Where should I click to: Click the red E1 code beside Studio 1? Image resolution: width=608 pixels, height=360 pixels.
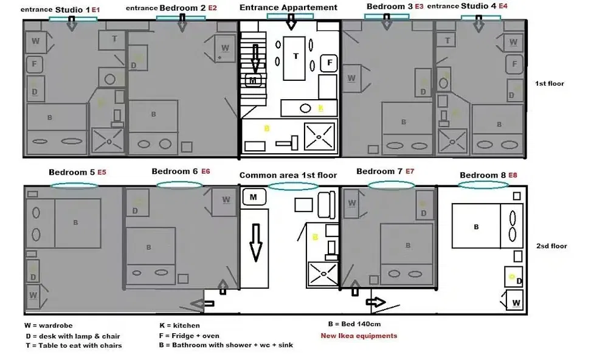tap(95, 10)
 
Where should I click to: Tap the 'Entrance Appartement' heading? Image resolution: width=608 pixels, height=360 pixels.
tap(288, 7)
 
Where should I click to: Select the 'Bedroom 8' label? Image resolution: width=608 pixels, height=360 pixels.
tap(483, 175)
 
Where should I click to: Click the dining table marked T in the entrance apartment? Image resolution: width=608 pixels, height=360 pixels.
tap(296, 56)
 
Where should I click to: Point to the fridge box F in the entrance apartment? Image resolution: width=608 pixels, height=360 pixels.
tap(329, 62)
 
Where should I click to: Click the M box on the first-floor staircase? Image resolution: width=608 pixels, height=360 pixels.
tap(252, 80)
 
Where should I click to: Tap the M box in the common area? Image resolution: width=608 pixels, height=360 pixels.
tap(254, 197)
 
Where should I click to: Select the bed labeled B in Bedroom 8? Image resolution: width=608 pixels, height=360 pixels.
tap(475, 226)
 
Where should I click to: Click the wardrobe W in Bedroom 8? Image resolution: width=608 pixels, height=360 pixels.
tap(516, 301)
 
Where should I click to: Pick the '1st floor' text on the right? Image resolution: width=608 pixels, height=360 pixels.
tap(550, 83)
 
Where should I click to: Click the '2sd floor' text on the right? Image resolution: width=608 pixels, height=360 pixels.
tap(551, 246)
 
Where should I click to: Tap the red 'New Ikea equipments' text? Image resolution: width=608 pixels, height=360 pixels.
tap(359, 336)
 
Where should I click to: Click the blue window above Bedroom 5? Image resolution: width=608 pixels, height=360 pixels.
tap(74, 185)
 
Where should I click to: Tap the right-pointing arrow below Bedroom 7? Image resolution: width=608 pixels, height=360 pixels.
tap(377, 302)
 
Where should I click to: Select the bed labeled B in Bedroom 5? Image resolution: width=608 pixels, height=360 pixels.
tap(75, 223)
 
